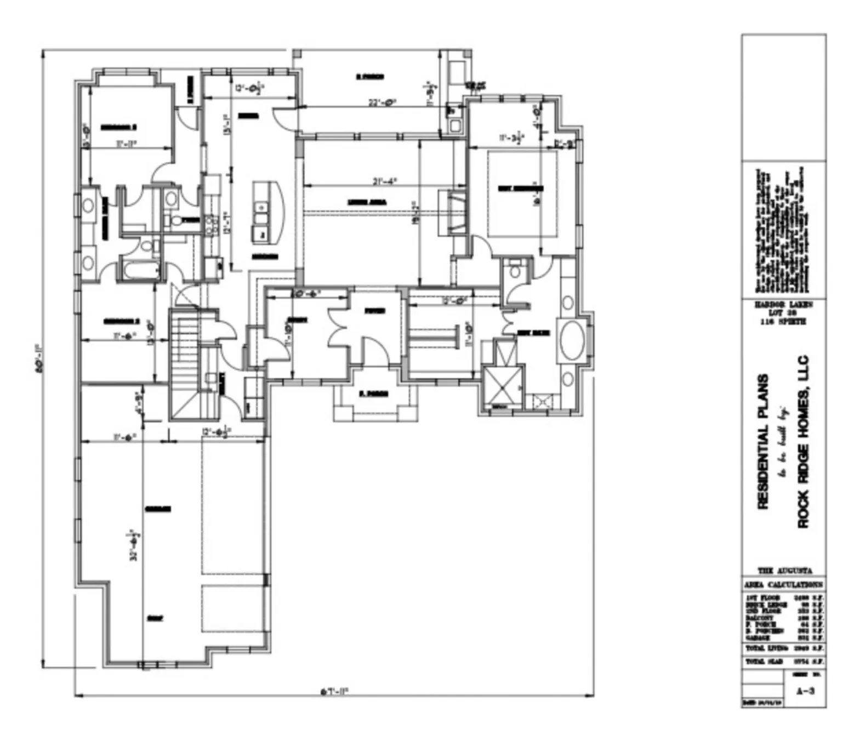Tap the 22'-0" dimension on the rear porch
(382, 102)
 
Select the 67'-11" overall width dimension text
(334, 691)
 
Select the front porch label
(375, 394)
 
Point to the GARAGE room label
(158, 509)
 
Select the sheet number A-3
(805, 691)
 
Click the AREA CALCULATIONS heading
(784, 585)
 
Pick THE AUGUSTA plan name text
(784, 571)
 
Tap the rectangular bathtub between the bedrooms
(141, 270)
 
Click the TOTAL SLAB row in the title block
(784, 662)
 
